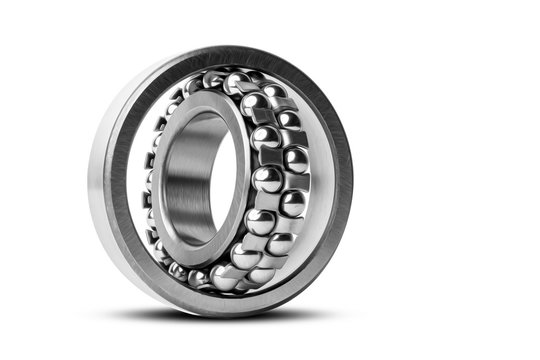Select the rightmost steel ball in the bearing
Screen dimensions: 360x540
[x=296, y=160]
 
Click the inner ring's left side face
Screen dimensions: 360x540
[x=161, y=180]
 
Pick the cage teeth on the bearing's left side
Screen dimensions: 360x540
[x=150, y=180]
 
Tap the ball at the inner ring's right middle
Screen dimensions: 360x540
[x=267, y=180]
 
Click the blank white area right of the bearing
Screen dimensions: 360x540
[x=450, y=180]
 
